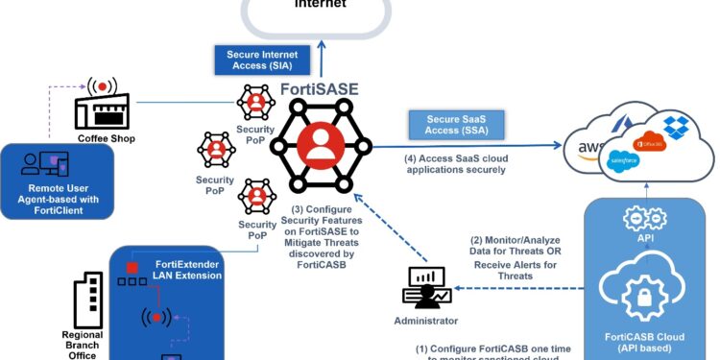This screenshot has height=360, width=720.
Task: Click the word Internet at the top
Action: click(x=320, y=5)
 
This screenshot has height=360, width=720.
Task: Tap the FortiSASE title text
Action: click(x=319, y=89)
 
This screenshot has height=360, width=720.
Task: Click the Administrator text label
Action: click(x=424, y=321)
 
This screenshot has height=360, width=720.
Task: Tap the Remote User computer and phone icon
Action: click(x=44, y=163)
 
